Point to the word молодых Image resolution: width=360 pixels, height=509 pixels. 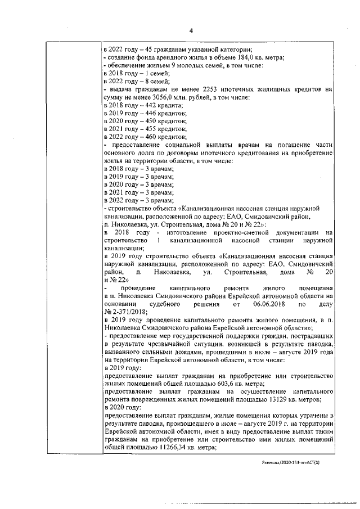coord(186,66)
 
